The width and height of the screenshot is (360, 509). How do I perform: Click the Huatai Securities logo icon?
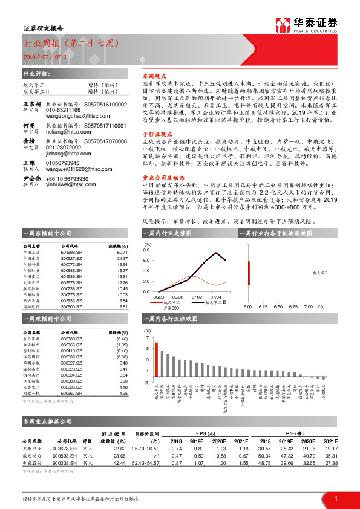[x=282, y=24]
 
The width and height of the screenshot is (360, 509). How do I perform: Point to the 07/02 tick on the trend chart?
[x=197, y=297]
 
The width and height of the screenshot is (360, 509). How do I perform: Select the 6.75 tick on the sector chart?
[x=293, y=306]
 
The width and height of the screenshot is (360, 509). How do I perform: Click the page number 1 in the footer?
[x=336, y=498]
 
